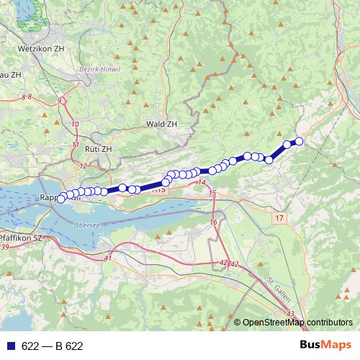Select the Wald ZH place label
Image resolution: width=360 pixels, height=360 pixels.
coord(161,124)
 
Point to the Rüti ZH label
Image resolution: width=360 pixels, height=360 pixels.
coord(98,148)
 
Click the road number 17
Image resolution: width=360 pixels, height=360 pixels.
coord(279,217)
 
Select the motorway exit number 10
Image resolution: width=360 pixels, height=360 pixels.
coord(76,125)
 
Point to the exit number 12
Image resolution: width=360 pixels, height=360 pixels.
coord(84,166)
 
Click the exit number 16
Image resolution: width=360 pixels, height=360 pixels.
coord(213,222)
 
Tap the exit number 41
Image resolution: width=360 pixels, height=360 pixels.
coord(108,258)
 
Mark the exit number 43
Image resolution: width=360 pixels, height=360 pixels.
coord(290,315)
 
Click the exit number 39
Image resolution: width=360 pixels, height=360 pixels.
coord(5,247)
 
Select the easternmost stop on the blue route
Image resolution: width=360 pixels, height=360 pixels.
coord(299,141)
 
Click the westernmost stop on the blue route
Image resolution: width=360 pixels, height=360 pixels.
coord(62,197)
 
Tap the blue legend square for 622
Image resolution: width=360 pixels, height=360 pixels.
coord(10,346)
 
